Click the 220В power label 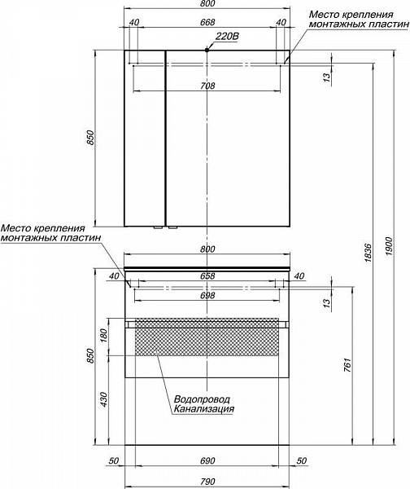click(x=227, y=37)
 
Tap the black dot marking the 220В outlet click(x=207, y=50)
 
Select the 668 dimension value click(x=207, y=23)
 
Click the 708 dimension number click(x=207, y=86)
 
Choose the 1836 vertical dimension click(x=368, y=253)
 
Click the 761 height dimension click(x=347, y=365)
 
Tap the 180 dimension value click(x=103, y=335)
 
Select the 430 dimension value click(x=103, y=399)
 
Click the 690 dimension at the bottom click(x=207, y=461)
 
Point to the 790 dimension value click(x=207, y=482)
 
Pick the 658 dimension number click(x=207, y=276)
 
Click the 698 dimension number click(x=207, y=295)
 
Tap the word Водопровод click(x=202, y=399)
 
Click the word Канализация click(x=204, y=408)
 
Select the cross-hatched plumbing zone click(x=207, y=337)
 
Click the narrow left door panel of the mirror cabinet click(x=145, y=139)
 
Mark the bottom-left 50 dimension click(x=114, y=461)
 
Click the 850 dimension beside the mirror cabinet click(x=90, y=138)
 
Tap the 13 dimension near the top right click(x=326, y=77)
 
